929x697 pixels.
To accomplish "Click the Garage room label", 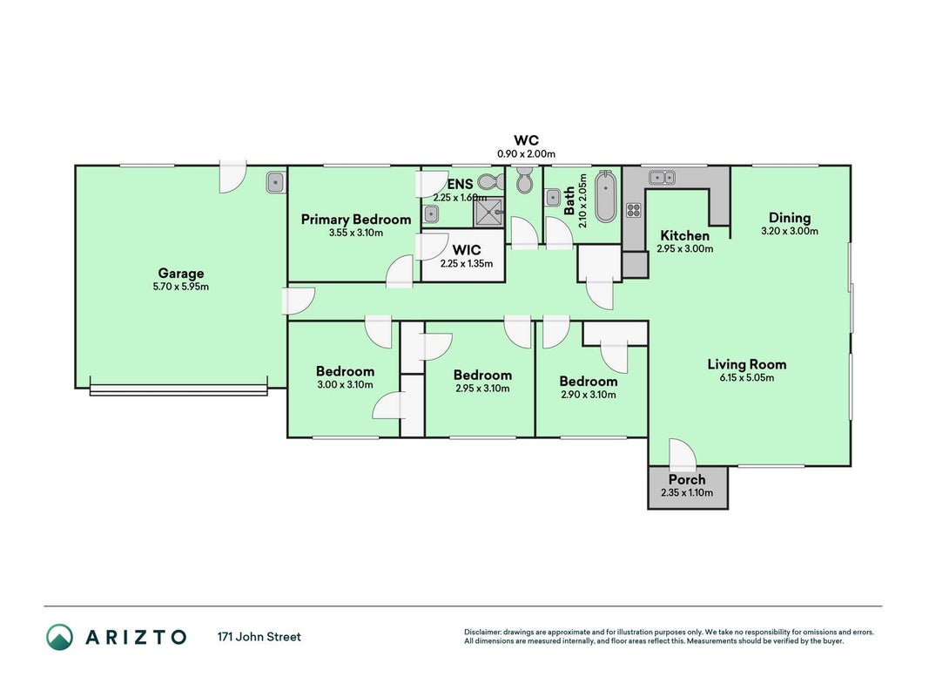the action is tap(181, 274).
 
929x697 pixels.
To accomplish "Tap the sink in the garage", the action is tap(275, 182).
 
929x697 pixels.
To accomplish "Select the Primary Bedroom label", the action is tap(356, 220).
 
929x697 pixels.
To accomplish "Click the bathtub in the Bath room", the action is tap(605, 197).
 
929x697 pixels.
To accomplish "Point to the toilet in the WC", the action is tap(524, 179).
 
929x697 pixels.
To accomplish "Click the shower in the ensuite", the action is tap(488, 213).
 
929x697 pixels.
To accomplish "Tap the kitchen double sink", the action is tap(662, 177).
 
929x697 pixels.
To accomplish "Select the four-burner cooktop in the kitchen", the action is tap(633, 210).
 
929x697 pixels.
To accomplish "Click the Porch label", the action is tap(687, 479).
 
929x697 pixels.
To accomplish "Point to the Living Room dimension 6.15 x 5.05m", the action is tap(746, 377).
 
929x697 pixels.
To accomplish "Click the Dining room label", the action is tap(790, 218).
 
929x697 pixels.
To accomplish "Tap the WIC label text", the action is tap(467, 250).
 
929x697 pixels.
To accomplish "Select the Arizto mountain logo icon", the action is tap(60, 637).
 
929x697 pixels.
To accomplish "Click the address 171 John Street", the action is tap(259, 637).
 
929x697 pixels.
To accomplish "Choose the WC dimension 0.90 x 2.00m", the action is tap(526, 154).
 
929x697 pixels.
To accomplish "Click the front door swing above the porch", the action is tap(683, 451).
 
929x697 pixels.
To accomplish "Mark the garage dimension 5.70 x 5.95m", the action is tap(181, 287).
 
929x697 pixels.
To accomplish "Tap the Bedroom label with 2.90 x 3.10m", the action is tap(589, 381).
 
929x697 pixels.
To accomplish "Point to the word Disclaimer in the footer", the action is tap(483, 633).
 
